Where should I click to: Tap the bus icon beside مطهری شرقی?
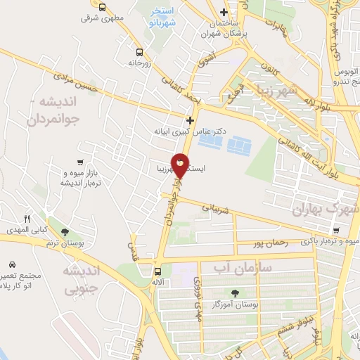pyautogui.click(x=103, y=7)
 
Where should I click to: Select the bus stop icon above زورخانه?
pyautogui.click(x=139, y=51)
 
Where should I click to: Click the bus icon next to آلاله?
pyautogui.click(x=157, y=271)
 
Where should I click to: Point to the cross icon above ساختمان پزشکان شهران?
pyautogui.click(x=224, y=12)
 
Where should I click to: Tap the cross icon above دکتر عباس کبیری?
pyautogui.click(x=190, y=120)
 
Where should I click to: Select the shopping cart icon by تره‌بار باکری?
pyautogui.click(x=336, y=231)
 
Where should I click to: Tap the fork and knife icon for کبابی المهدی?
pyautogui.click(x=27, y=219)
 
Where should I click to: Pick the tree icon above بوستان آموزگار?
pyautogui.click(x=234, y=293)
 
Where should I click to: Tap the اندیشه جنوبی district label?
pyautogui.click(x=82, y=279)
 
